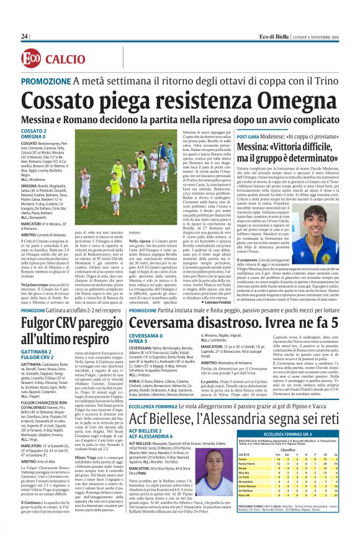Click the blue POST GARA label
point(247,135)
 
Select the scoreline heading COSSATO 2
point(34,132)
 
